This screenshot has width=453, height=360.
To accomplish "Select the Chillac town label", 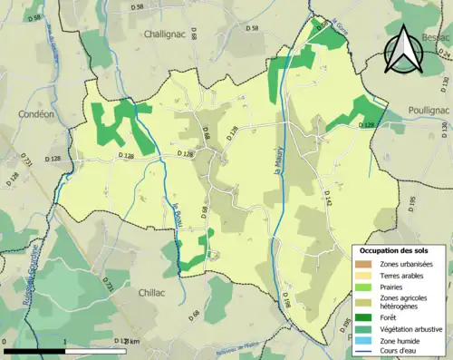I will tap(157, 293).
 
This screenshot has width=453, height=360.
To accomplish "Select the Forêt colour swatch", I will tap(363, 316).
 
